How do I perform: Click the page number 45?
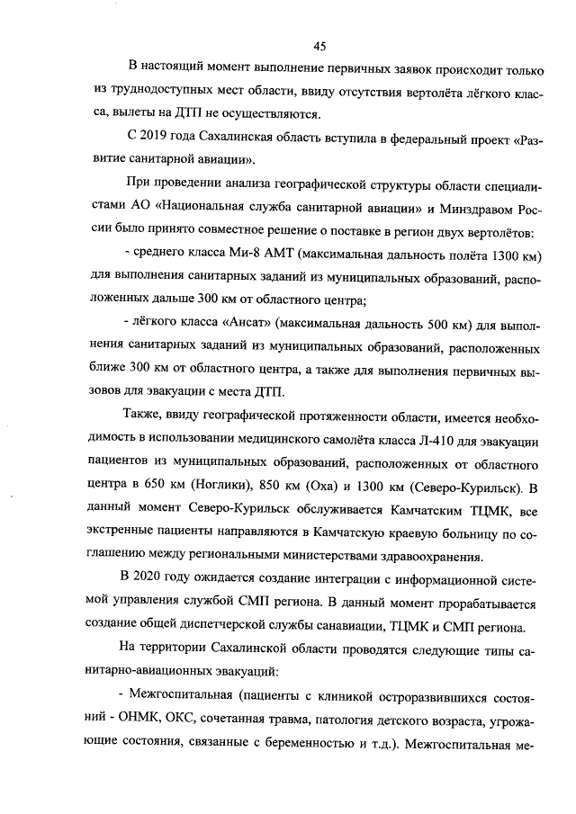(319, 47)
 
